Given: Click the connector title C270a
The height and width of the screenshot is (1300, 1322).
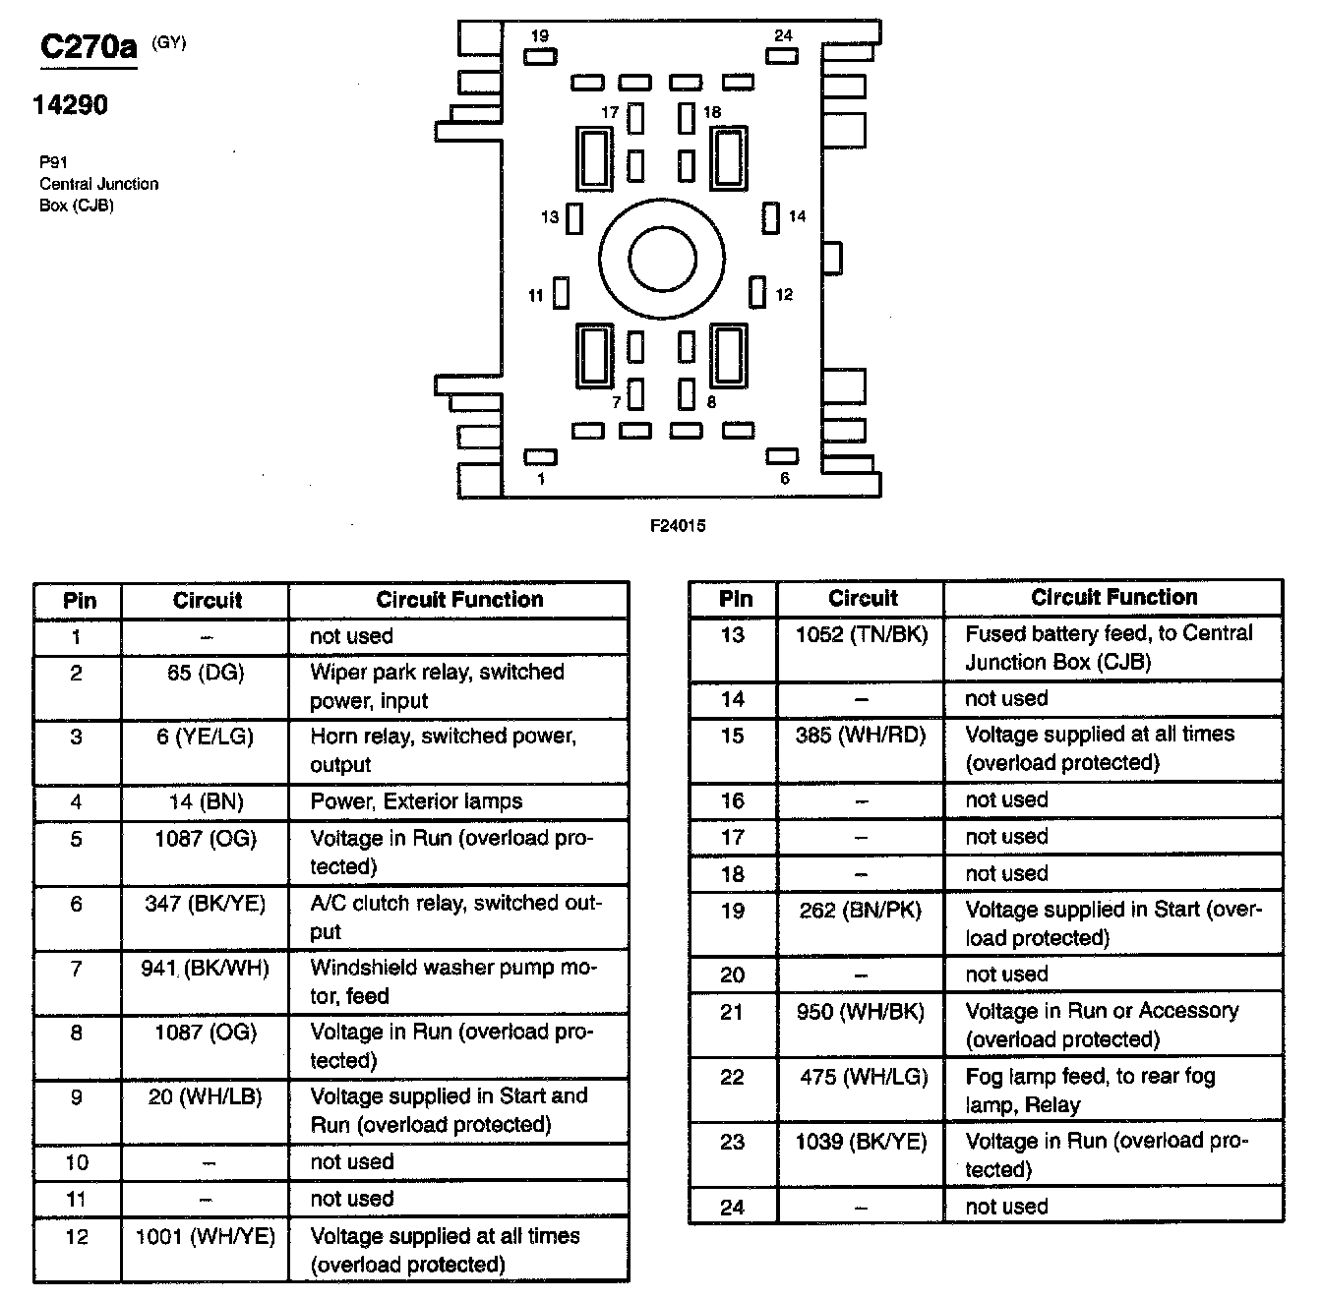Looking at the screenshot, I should click(89, 47).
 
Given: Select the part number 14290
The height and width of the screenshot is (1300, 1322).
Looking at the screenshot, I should click(70, 105).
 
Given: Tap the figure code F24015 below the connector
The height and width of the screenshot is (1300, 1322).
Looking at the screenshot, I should click(678, 525).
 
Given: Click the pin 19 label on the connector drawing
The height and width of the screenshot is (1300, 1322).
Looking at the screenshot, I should click(539, 36).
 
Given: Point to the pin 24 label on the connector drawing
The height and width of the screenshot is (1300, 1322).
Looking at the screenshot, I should click(783, 35).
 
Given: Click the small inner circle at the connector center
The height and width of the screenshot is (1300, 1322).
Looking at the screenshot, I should click(662, 259).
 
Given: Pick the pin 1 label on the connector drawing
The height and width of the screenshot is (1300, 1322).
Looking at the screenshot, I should click(541, 479).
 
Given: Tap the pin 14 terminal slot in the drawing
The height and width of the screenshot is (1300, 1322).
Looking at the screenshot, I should click(771, 217).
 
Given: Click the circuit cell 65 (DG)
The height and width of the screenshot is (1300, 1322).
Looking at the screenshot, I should click(206, 674).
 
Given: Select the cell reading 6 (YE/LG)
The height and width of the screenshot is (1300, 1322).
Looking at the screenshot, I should click(206, 738).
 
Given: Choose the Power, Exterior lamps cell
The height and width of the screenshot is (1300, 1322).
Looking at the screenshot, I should click(416, 801).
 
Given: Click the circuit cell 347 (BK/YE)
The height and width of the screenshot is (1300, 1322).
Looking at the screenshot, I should click(206, 904).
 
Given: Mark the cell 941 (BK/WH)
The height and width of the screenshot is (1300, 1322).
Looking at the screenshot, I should click(206, 969).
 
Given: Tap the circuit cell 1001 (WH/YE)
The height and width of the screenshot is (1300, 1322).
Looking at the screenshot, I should click(206, 1236).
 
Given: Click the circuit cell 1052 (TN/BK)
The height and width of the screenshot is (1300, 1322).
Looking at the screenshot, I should click(862, 635).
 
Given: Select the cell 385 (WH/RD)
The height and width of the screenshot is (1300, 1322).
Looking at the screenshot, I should click(861, 736).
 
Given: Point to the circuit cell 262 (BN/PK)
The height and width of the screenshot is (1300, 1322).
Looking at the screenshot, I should click(861, 911).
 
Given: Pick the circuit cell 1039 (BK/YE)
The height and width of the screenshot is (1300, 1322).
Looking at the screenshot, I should click(861, 1143).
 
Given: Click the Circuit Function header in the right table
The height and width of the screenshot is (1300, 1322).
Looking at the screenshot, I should click(1113, 598).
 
